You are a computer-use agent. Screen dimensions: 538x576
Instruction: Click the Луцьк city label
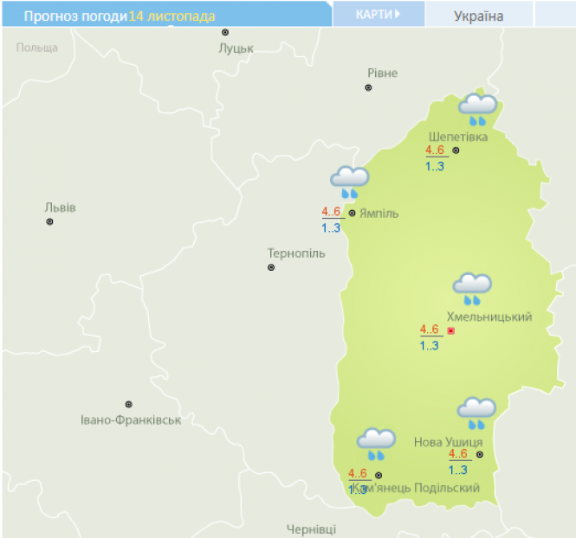coord(236,48)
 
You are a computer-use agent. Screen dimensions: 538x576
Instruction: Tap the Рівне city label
coord(382,73)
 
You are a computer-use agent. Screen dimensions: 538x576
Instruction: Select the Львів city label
coord(60,208)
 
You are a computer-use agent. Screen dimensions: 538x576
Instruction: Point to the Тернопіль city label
coord(296,253)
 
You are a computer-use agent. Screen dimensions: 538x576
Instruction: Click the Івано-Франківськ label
coord(130,420)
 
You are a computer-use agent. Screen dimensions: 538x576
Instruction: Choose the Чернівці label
coord(311,528)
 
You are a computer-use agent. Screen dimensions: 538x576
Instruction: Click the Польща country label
coord(36,48)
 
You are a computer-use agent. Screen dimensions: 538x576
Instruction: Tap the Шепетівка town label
coord(458,137)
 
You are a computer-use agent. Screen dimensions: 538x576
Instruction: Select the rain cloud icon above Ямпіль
coord(350,182)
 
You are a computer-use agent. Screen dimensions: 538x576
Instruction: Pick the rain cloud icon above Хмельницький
coord(472,288)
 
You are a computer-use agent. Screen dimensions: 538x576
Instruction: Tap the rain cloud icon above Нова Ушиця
coord(476,413)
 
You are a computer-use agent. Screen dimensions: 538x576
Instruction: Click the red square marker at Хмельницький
coord(450,330)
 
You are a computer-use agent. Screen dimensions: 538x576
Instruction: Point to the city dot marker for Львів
coord(49,221)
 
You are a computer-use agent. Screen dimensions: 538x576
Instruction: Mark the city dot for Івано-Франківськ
coord(129,404)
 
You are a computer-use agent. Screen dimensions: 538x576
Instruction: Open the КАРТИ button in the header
coord(378,15)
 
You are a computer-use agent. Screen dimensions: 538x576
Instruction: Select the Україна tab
coord(478,16)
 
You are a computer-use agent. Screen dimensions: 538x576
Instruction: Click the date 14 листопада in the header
coord(172,16)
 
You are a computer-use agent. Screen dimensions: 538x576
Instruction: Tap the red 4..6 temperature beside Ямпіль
coord(332,212)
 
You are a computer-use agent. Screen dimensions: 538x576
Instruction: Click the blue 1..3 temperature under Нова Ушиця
coord(458,470)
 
